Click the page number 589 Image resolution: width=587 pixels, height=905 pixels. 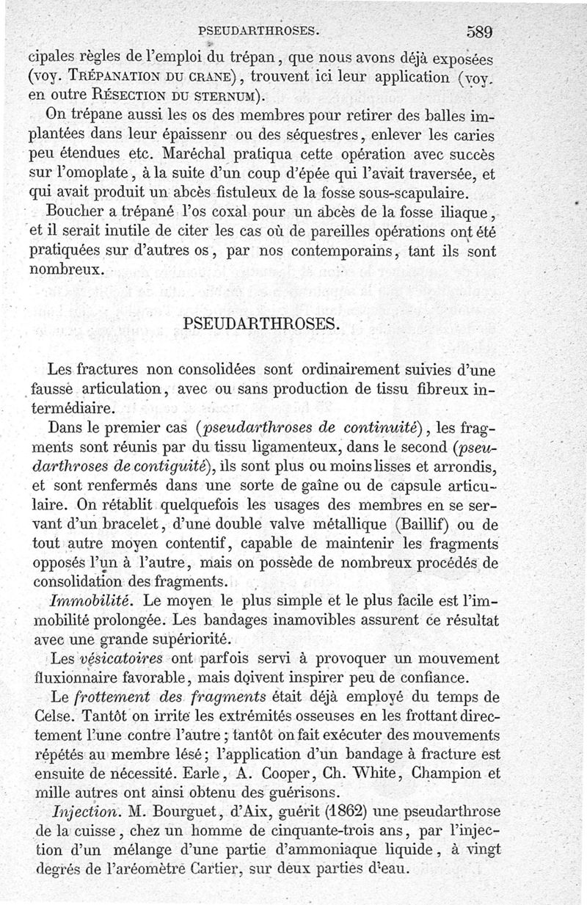[477, 32]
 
